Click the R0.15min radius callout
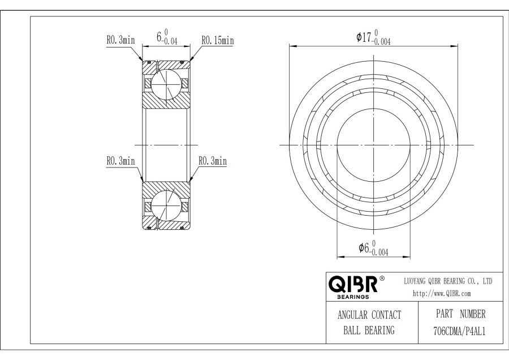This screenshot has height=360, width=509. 218,40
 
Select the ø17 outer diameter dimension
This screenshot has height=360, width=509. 373,37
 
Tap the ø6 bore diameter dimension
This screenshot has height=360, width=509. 373,248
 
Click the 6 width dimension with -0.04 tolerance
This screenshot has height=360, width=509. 167,37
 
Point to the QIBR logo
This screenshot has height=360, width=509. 353,284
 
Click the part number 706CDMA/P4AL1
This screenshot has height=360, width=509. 460,331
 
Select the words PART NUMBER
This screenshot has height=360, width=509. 460,314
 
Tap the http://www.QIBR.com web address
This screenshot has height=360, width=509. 442,293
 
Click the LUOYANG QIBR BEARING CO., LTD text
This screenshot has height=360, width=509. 448,281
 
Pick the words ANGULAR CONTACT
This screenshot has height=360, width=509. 369,315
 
